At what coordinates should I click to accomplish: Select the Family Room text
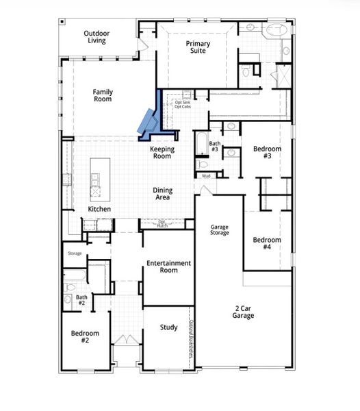tap(103, 96)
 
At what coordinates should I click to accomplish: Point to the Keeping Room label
tap(162, 152)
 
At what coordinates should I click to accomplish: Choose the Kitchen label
tap(99, 209)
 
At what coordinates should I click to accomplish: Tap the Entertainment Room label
tap(168, 266)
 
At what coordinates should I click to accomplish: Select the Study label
tap(169, 327)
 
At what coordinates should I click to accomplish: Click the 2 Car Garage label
tap(243, 312)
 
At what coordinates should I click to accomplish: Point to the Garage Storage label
tap(219, 229)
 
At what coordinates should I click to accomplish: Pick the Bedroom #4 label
tap(267, 243)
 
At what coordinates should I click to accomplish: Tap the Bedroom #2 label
tap(86, 336)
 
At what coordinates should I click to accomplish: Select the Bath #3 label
tap(214, 127)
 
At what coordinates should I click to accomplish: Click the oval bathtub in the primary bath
tap(277, 31)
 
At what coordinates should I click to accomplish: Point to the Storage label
tap(75, 253)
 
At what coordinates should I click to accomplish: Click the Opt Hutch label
tap(162, 223)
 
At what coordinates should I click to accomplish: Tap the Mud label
tap(205, 176)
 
